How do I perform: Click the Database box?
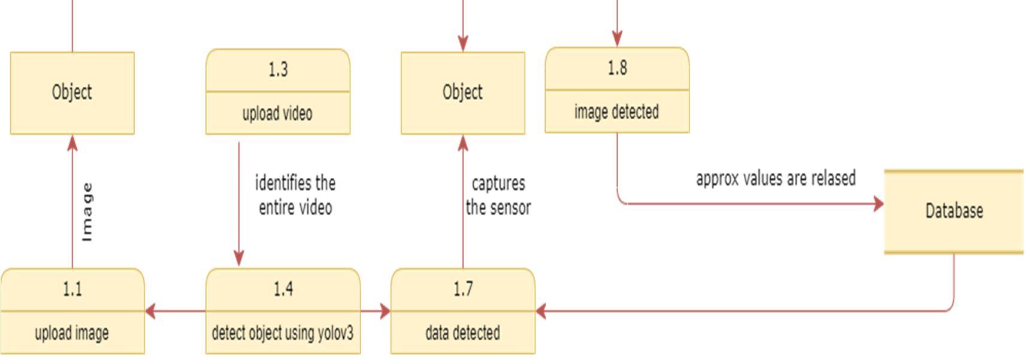point(954,211)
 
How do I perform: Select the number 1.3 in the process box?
point(278,69)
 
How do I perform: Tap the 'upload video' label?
point(277,113)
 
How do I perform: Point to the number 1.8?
point(617,68)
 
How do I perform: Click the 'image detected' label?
point(616,112)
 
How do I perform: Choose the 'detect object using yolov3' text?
point(283,333)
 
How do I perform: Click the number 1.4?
point(283,289)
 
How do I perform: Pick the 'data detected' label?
point(462,333)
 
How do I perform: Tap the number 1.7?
point(463,289)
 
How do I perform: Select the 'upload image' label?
point(72,333)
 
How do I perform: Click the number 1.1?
point(72,289)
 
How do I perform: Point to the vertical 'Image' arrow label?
point(87,212)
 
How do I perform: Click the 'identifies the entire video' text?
point(295,195)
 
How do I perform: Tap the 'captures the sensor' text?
point(498,195)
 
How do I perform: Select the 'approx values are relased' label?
point(776,179)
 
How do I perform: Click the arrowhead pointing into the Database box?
point(879,204)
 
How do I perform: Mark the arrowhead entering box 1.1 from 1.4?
point(151,311)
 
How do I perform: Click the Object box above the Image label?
point(72,93)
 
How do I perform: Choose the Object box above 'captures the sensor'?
point(463,93)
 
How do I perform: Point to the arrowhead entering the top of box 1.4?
point(239,259)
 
